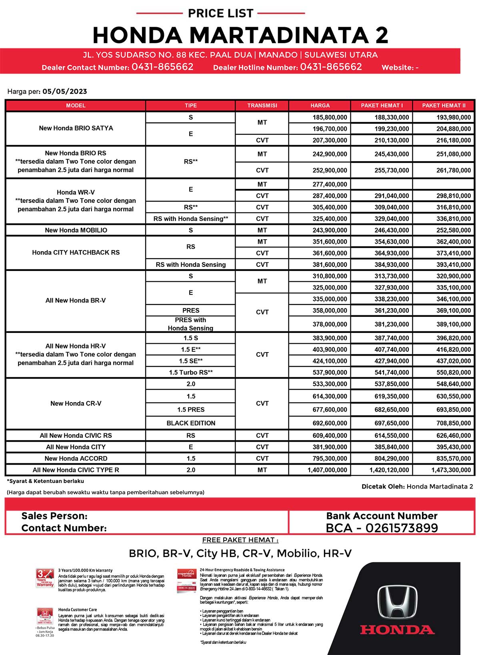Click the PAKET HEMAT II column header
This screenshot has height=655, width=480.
[x=444, y=106]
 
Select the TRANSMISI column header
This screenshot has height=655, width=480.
[x=262, y=106]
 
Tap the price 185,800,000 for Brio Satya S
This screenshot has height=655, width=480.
[x=330, y=117]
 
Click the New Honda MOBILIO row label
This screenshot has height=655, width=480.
[x=76, y=230]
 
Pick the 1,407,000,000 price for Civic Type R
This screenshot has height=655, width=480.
[x=327, y=470]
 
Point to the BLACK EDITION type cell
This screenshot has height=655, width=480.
[x=191, y=423]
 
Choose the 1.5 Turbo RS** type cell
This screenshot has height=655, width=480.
[x=191, y=373]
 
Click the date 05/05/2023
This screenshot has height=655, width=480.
[x=65, y=91]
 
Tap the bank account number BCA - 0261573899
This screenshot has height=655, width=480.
[x=382, y=528]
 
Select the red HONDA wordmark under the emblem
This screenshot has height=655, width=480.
[x=397, y=630]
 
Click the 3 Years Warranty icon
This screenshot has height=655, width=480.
[x=45, y=578]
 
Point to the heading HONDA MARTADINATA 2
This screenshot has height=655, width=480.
[x=240, y=35]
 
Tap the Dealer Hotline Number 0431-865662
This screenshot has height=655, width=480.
[x=331, y=67]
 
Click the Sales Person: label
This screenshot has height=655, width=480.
[x=54, y=516]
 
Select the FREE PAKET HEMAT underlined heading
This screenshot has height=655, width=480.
[x=240, y=540]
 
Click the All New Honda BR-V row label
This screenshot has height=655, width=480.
[x=76, y=300]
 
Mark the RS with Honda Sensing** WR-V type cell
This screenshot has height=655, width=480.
[x=191, y=218]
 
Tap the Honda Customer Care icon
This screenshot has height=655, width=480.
[x=45, y=617]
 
